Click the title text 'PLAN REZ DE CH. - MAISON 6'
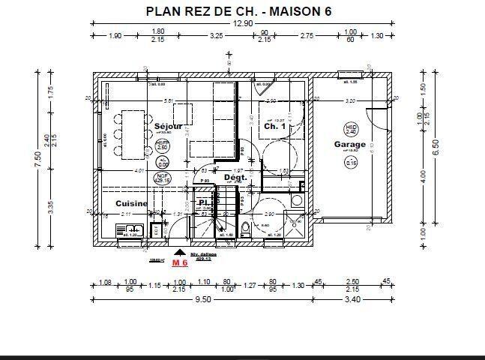point(238,11)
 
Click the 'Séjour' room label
point(167,127)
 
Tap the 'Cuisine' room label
point(131,203)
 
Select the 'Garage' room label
point(349,145)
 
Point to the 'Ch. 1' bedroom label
point(274,127)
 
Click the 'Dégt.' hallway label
point(235,178)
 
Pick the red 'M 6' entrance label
point(180,263)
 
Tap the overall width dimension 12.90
point(241,24)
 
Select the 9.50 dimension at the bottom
point(202,299)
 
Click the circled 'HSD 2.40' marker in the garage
point(350,129)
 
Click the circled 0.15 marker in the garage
point(350,162)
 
